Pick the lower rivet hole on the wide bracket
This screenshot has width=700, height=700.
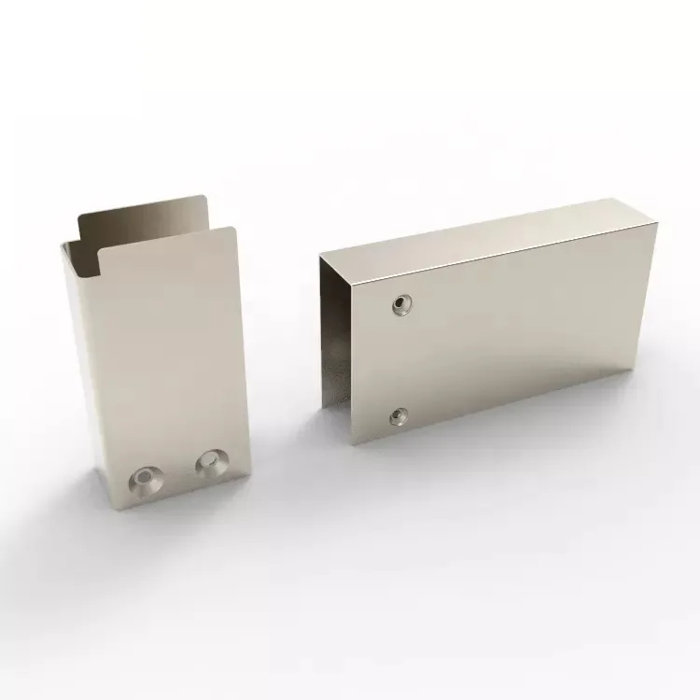click(x=399, y=413)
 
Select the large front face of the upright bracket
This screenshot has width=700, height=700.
click(x=168, y=355)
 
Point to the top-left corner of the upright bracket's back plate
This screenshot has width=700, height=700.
click(x=78, y=213)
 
